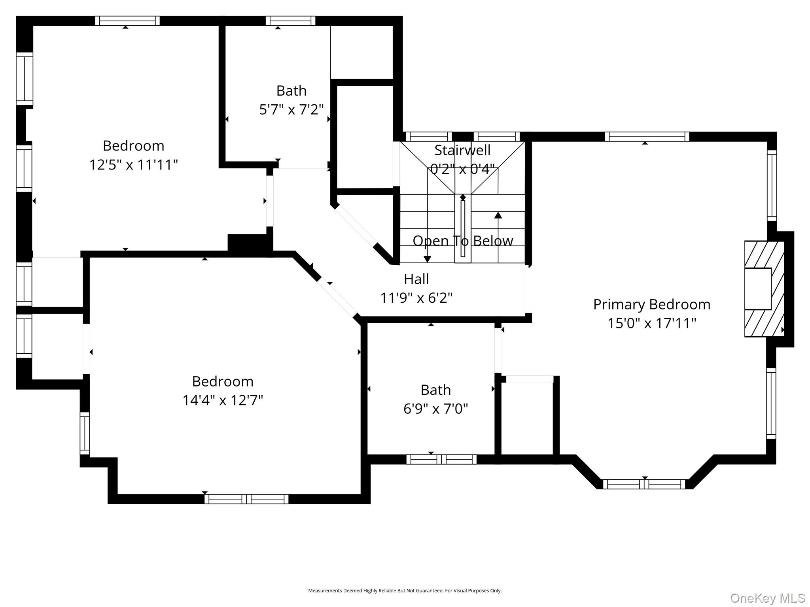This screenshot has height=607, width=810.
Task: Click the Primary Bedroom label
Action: (651, 304)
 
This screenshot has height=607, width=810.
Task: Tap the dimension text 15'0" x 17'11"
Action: (651, 323)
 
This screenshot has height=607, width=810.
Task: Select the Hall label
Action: (416, 279)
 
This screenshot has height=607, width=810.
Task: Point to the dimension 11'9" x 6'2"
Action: (416, 298)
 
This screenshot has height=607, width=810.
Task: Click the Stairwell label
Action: (462, 150)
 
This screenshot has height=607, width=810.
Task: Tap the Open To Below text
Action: (462, 241)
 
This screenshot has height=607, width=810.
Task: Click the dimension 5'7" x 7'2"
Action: (291, 109)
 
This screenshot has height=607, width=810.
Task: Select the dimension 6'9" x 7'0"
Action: (435, 409)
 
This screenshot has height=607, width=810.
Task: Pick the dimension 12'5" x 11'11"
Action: (133, 165)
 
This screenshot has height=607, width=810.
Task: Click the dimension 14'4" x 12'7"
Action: (222, 400)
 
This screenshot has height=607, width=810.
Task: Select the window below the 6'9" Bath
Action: (441, 459)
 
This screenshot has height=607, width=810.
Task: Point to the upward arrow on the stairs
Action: (498, 215)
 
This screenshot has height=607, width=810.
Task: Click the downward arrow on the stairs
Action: (427, 259)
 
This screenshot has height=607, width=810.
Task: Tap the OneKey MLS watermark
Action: (767, 598)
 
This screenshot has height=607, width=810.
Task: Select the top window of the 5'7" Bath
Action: (290, 21)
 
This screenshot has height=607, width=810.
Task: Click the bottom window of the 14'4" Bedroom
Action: (246, 499)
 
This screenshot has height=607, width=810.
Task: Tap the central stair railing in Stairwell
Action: (463, 228)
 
